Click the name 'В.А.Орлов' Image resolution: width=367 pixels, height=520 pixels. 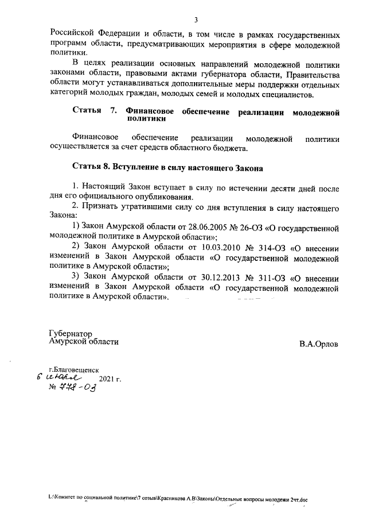pos(318,344)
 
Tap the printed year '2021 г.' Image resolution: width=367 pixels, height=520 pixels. pos(110,380)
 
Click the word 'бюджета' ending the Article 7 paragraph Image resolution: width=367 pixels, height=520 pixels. pos(231,148)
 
